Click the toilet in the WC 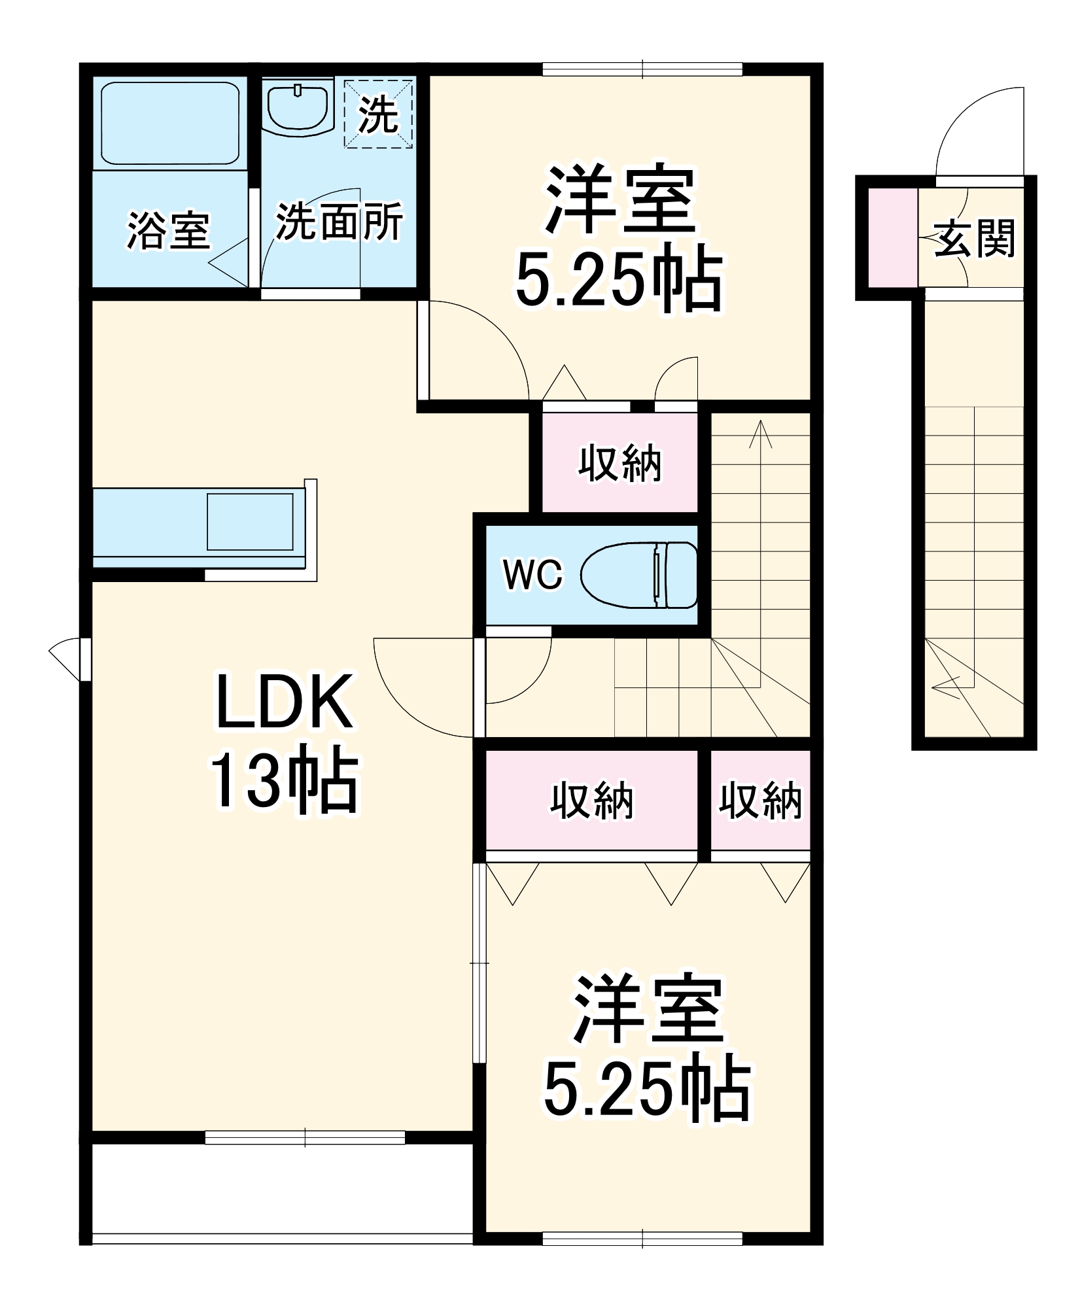[639, 575]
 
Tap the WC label [532, 575]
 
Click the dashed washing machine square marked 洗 [379, 114]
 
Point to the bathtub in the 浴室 [170, 123]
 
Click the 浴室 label [168, 230]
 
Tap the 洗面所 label [339, 222]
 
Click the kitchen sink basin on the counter [250, 522]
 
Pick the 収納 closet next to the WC [619, 463]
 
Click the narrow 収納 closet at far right [760, 800]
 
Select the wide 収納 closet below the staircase [591, 800]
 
